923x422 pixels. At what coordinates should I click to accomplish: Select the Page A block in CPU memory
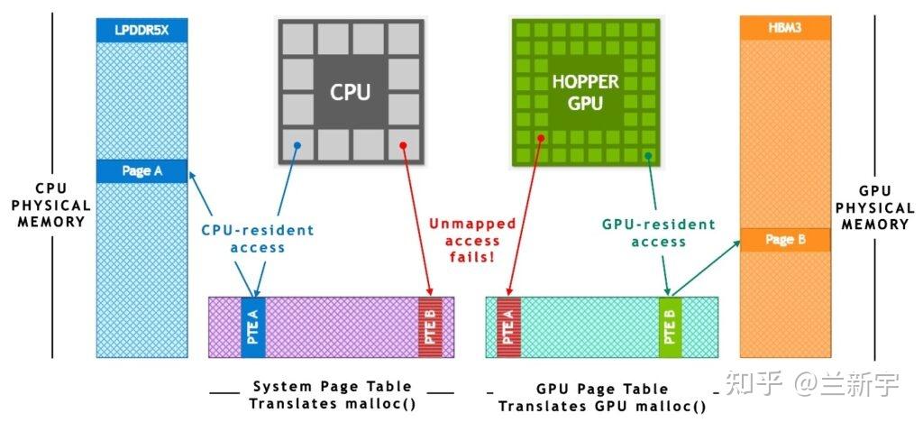click(x=142, y=170)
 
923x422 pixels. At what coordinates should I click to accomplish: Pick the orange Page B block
click(x=785, y=240)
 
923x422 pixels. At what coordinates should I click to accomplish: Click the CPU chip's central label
click(x=351, y=92)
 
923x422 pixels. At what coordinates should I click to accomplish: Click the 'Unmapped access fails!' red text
click(x=471, y=241)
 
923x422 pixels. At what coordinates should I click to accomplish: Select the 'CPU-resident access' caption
click(x=258, y=238)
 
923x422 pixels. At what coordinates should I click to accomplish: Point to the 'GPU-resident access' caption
click(x=658, y=233)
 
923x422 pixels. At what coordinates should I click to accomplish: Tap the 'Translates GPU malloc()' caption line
click(x=602, y=406)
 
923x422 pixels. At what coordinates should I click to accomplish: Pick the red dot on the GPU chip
click(x=542, y=138)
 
